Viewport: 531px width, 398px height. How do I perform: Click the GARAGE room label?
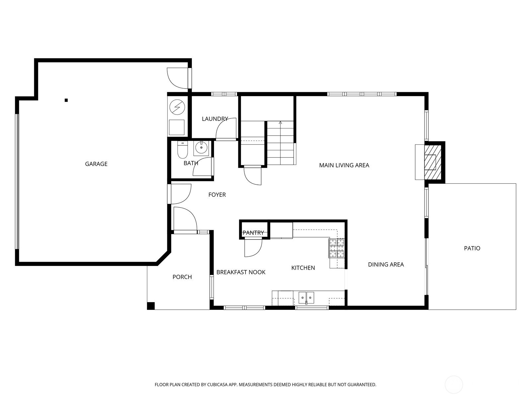pos(96,164)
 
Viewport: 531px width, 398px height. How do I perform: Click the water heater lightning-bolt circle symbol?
pos(177,107)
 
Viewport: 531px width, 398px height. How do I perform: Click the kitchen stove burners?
pos(337,248)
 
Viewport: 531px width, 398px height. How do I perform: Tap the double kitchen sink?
pos(306,297)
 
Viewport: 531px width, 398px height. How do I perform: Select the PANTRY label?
pos(253,233)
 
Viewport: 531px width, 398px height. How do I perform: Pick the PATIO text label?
pos(472,248)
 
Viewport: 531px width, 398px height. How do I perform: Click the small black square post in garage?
pos(66,100)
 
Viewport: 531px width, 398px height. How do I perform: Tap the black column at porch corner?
pos(151,306)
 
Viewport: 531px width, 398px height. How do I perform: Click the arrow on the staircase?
pos(280,123)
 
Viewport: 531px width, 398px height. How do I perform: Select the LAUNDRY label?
pos(215,119)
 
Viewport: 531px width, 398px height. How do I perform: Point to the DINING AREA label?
pos(386,264)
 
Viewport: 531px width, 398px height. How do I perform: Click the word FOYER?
pos(217,195)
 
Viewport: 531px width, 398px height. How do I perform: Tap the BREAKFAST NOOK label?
pos(241,272)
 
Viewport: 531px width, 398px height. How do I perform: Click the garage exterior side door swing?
pos(178,78)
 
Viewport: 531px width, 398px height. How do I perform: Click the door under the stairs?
pos(252,176)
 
